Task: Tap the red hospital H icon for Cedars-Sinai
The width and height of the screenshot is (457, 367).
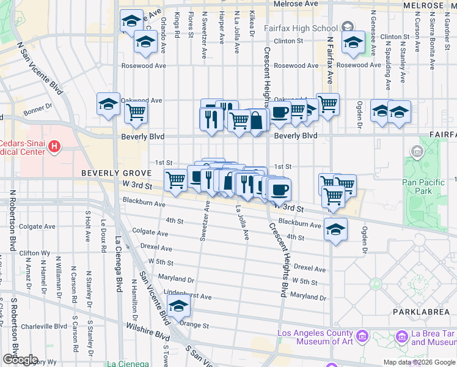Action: tap(54, 146)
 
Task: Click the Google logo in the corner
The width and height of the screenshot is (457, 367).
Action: tap(20, 360)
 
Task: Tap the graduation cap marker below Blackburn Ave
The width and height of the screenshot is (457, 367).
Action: tap(335, 229)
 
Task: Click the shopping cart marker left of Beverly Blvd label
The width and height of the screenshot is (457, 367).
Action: tap(135, 113)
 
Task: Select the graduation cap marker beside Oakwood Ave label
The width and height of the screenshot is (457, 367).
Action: tap(108, 105)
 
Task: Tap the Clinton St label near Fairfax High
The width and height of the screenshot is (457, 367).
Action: tap(288, 41)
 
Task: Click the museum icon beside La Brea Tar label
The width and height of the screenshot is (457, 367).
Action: tap(402, 336)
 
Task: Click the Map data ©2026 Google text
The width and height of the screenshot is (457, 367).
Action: tap(419, 362)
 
